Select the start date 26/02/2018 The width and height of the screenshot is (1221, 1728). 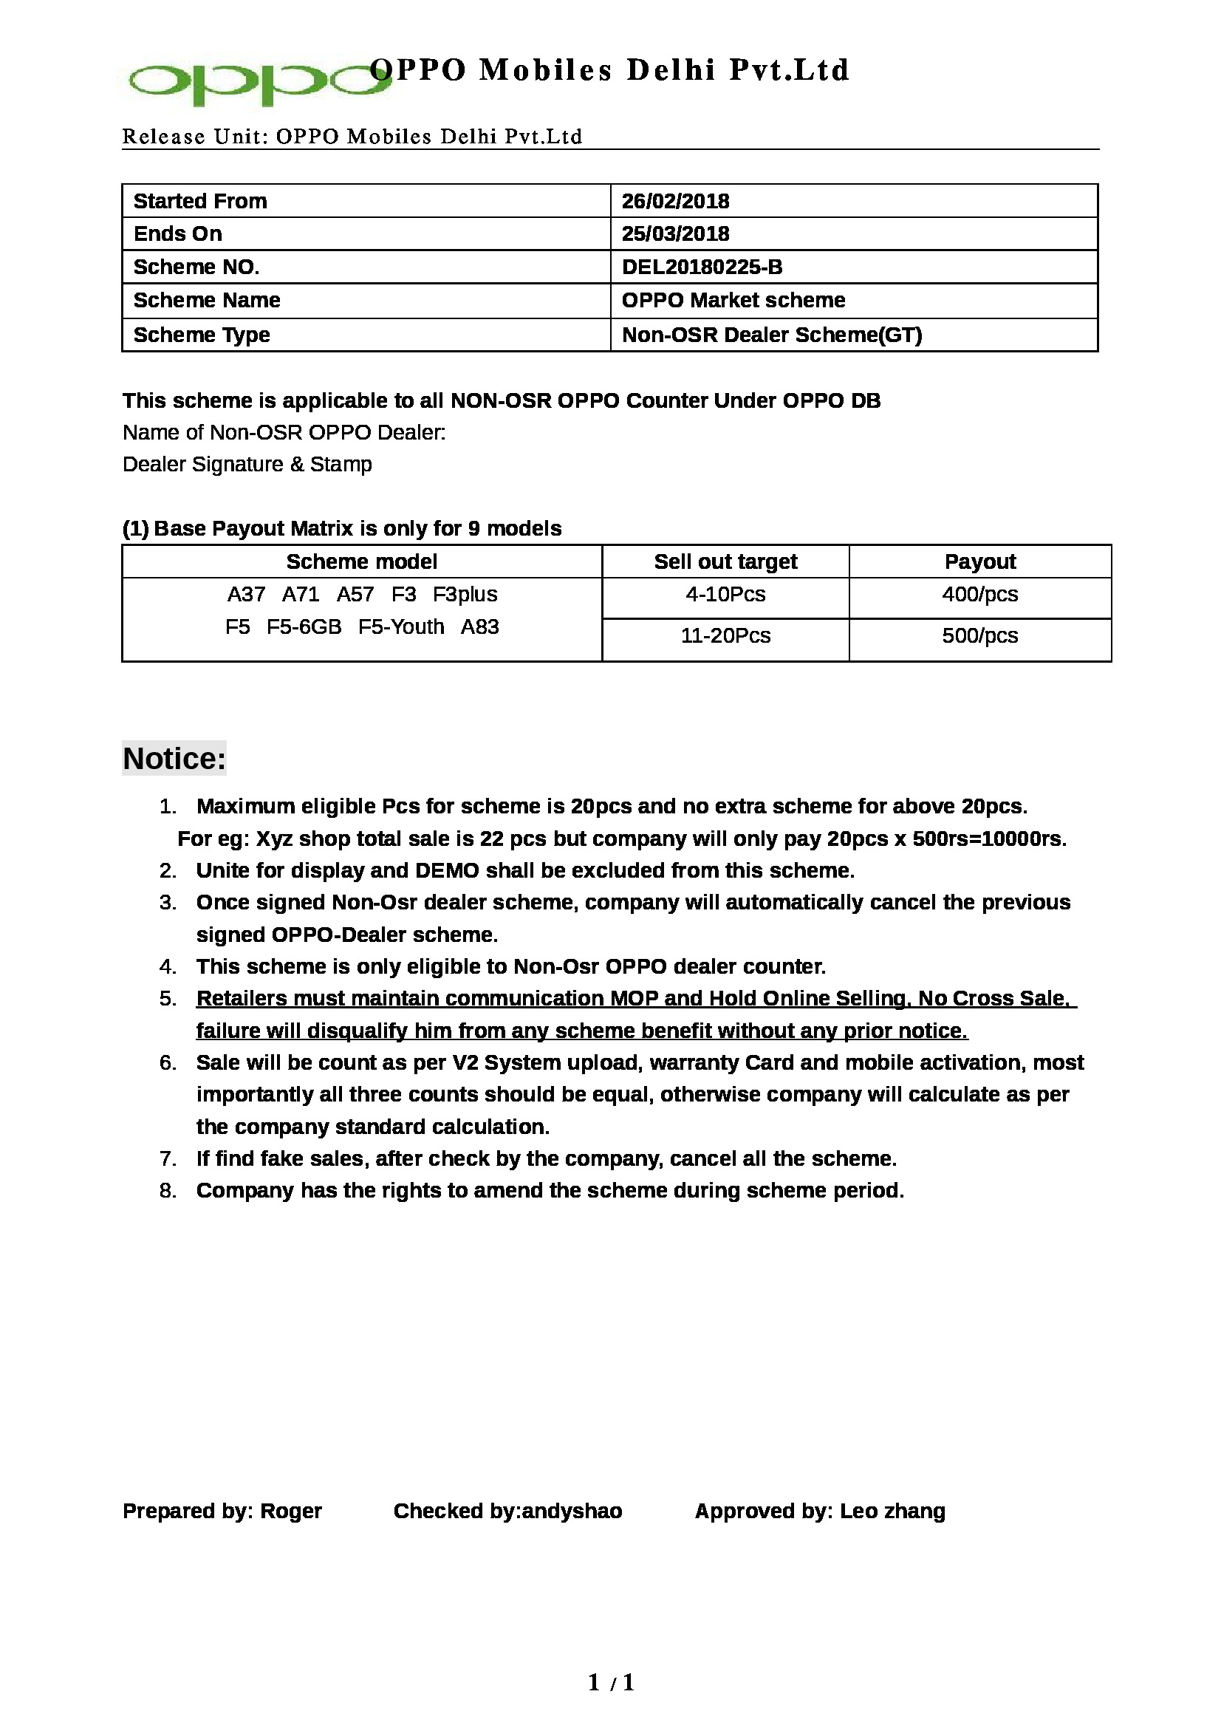675,201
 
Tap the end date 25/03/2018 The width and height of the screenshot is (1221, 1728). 675,233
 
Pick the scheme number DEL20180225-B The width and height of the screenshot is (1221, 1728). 701,267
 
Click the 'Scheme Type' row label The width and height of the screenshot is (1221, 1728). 201,334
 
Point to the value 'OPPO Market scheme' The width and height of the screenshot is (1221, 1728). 733,300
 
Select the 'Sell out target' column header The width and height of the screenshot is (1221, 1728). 725,561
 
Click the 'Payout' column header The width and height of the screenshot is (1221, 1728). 979,561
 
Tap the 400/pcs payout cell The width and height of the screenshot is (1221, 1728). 979,595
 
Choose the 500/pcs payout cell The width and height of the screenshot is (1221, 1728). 979,636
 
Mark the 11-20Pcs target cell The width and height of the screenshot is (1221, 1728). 725,636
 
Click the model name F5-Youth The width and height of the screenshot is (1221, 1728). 401,627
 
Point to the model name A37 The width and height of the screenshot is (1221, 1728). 246,595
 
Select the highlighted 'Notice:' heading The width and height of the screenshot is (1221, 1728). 174,759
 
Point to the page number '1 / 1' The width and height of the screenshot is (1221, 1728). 611,1683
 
